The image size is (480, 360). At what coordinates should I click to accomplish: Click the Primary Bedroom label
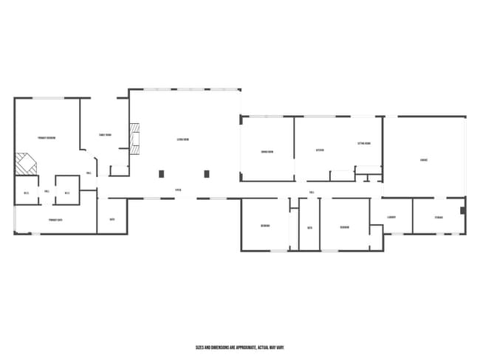(47, 138)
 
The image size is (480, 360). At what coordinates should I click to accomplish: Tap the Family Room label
(105, 135)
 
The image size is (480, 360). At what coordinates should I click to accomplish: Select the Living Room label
(183, 139)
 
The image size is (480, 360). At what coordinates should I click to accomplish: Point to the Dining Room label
(267, 152)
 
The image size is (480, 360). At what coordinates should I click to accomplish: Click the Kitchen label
(320, 150)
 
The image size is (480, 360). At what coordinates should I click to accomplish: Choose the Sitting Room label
(364, 144)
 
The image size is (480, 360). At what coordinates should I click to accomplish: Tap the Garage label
(424, 159)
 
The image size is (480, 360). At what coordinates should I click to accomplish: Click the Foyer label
(178, 190)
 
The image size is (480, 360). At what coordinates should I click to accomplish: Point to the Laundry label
(391, 217)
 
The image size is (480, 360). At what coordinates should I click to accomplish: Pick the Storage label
(439, 217)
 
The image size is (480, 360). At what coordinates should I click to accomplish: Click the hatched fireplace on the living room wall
(134, 138)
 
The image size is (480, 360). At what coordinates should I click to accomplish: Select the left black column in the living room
(162, 174)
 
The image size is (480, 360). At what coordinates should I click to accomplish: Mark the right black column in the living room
(207, 174)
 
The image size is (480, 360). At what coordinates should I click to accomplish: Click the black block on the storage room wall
(462, 210)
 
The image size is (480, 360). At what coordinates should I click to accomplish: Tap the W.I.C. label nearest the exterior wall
(26, 193)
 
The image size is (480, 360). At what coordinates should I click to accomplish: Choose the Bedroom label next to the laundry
(344, 226)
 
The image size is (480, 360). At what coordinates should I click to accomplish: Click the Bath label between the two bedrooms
(309, 228)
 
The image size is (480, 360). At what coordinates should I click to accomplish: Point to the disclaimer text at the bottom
(240, 347)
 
